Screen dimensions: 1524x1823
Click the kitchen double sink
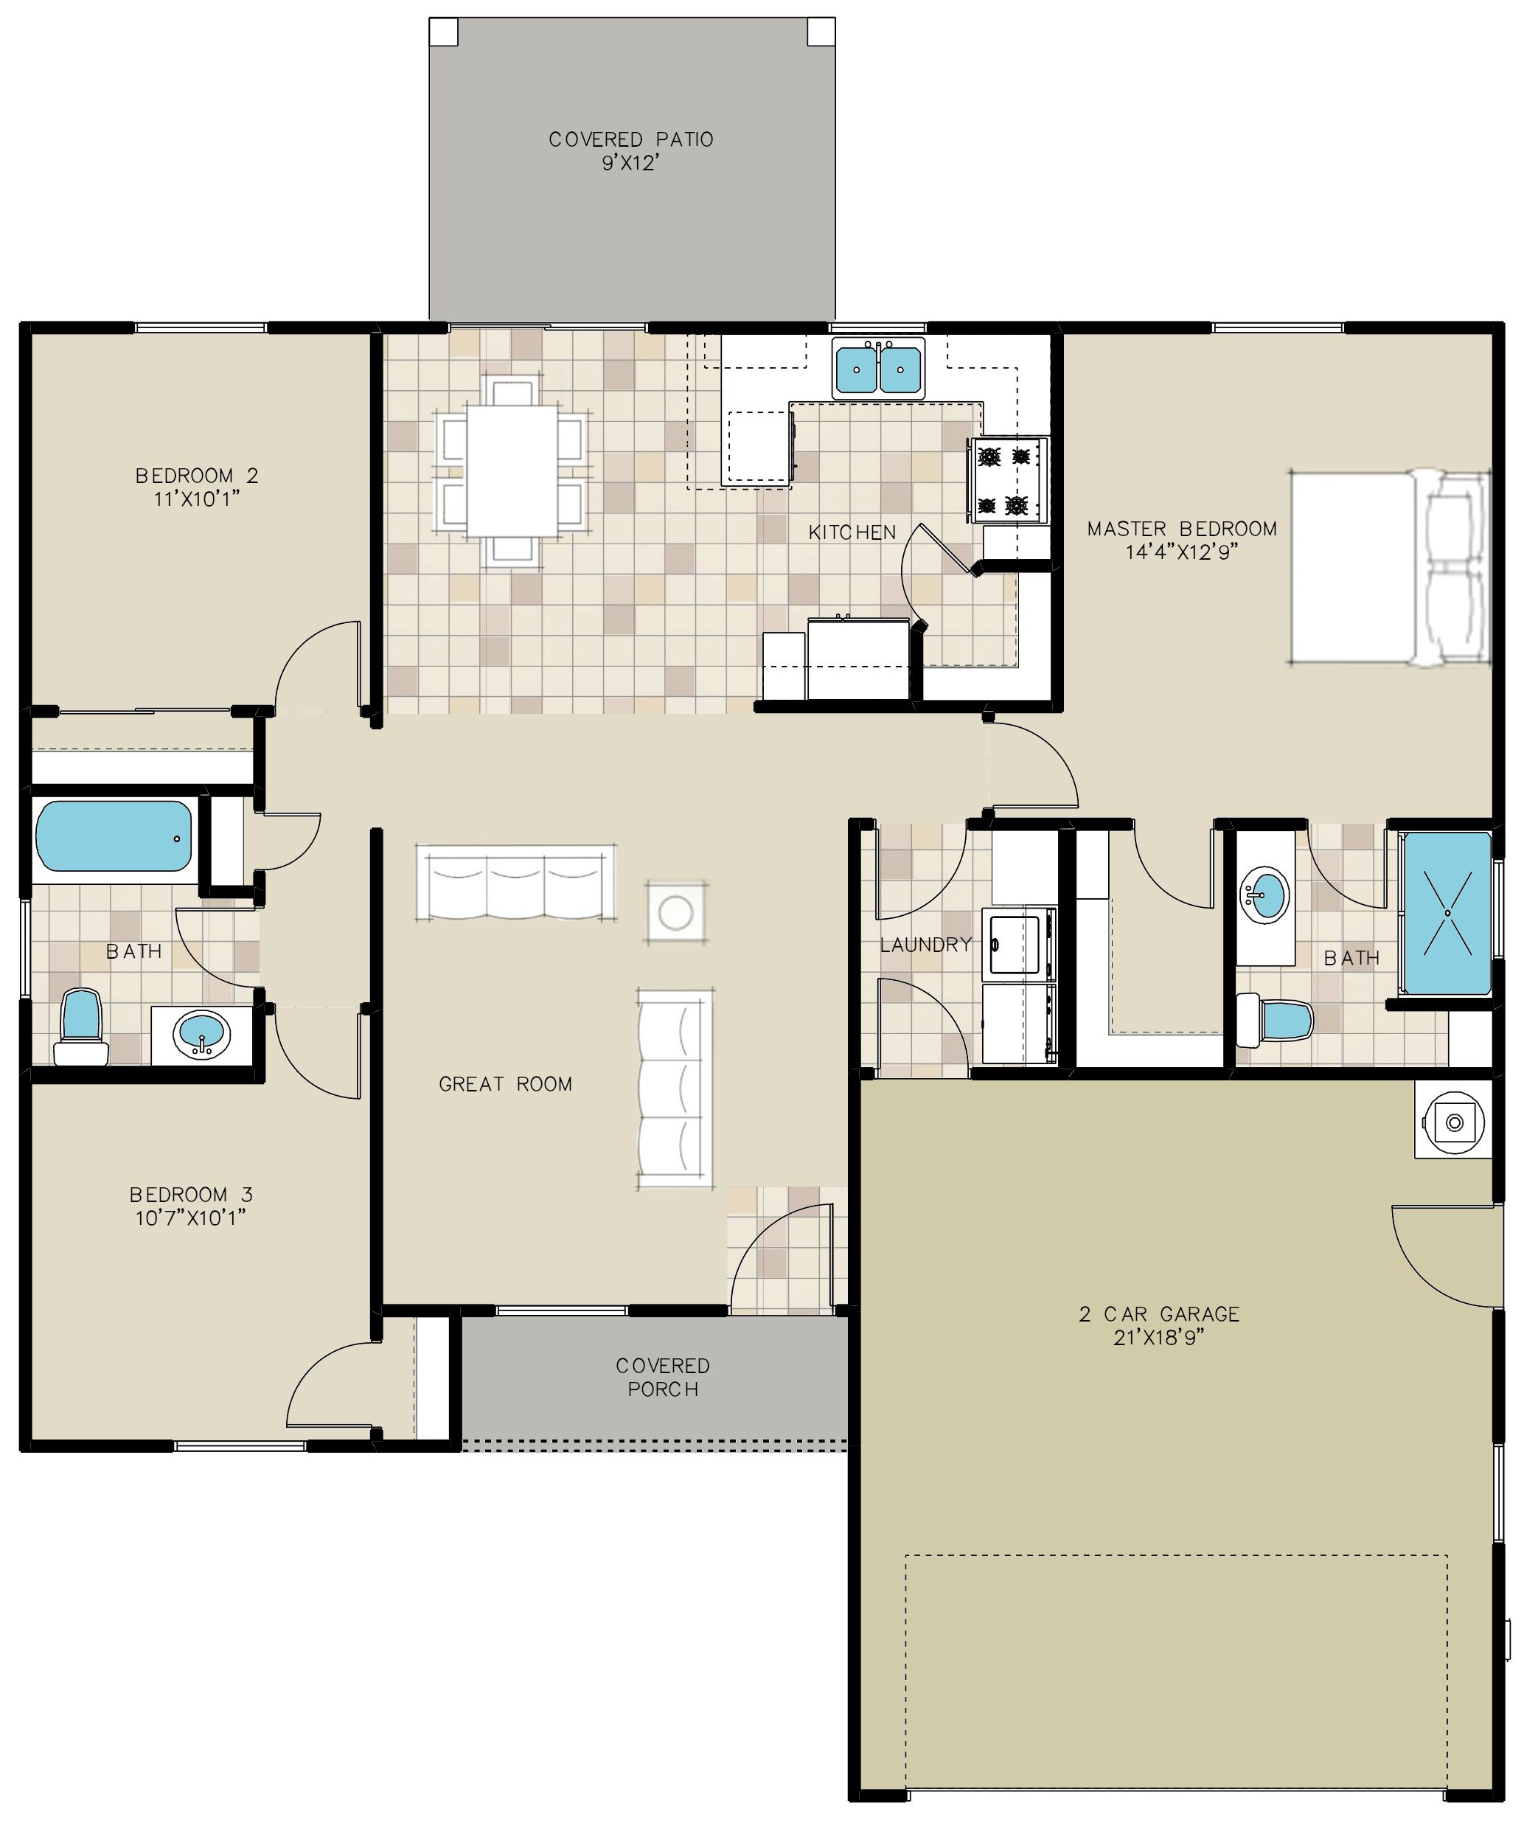[x=878, y=368]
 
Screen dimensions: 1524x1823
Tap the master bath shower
[x=1447, y=913]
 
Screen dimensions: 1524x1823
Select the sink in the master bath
[x=1264, y=895]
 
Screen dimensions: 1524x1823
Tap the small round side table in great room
[x=675, y=912]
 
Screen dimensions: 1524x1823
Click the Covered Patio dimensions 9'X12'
[x=631, y=163]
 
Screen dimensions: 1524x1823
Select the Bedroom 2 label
[x=197, y=476]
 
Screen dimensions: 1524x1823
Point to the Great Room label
[x=505, y=1083]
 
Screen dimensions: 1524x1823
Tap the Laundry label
[x=926, y=945]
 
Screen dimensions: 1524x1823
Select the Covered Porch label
[x=663, y=1378]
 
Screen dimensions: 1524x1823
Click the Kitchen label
[x=852, y=532]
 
